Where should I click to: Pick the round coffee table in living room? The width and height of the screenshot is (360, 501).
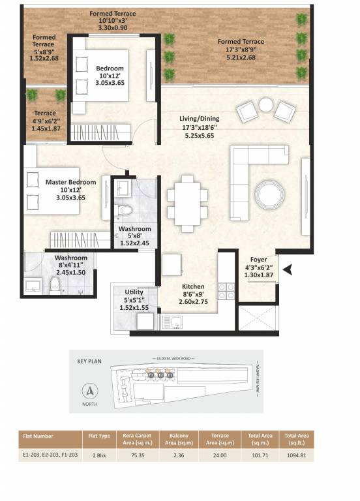[x=269, y=193]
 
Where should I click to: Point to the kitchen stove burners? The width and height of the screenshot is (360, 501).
[x=226, y=292]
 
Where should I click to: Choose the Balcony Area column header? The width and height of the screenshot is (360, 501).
[x=176, y=439]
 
